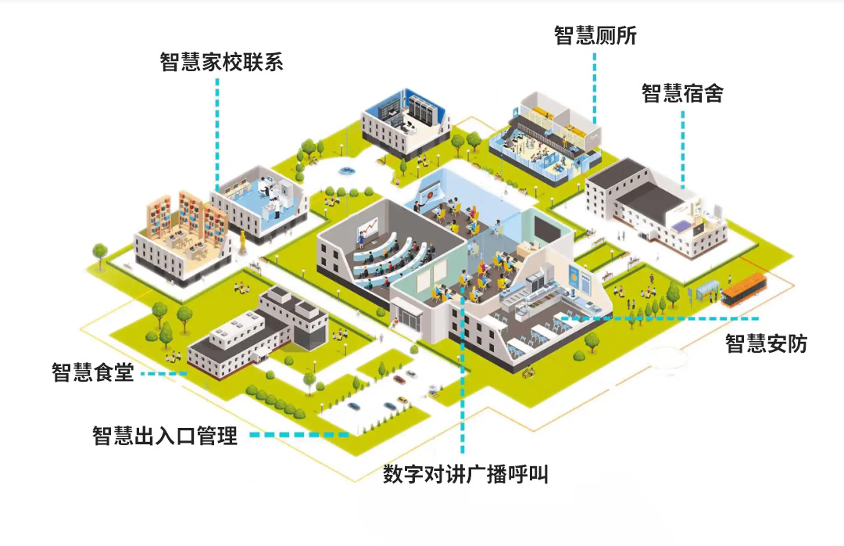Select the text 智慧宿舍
pos(682,94)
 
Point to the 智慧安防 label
pos(766,343)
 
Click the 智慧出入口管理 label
pos(164,435)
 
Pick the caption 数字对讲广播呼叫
pos(465,474)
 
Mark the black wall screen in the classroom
pos(546,227)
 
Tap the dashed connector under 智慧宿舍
pos(683,149)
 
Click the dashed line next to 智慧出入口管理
pos(299,434)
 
